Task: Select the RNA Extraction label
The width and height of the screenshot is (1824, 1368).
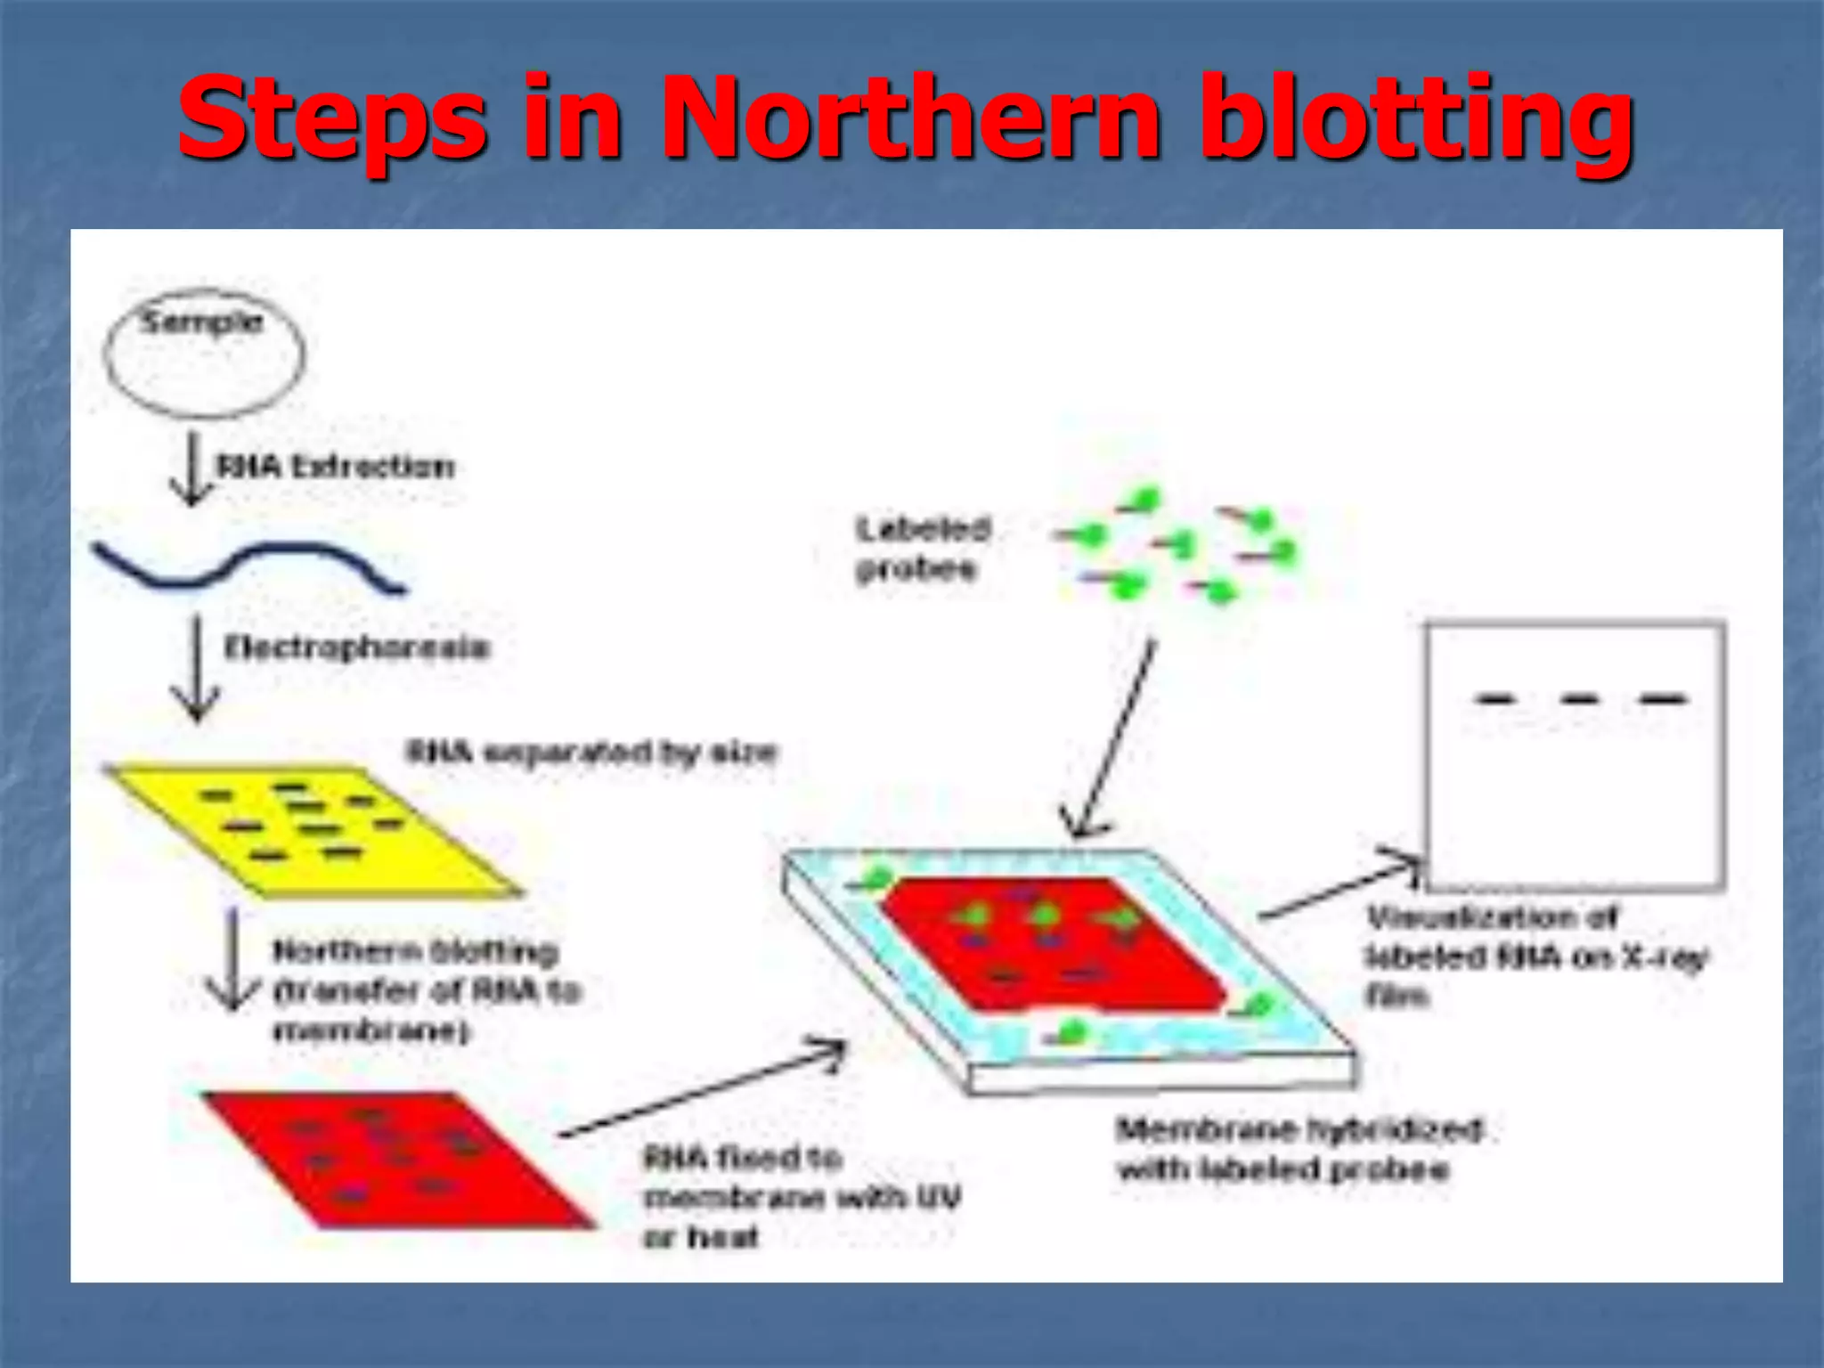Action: click(x=336, y=466)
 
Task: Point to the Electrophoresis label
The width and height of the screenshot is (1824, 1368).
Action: click(x=356, y=647)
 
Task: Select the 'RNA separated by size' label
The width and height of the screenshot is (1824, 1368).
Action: click(x=591, y=753)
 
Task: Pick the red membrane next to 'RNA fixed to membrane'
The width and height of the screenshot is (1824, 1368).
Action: click(x=392, y=1158)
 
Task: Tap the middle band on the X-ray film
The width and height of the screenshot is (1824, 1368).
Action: click(x=1578, y=699)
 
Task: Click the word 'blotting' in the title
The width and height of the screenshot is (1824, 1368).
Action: click(x=1416, y=119)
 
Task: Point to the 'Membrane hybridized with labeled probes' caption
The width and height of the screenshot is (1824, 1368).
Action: click(x=1299, y=1149)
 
